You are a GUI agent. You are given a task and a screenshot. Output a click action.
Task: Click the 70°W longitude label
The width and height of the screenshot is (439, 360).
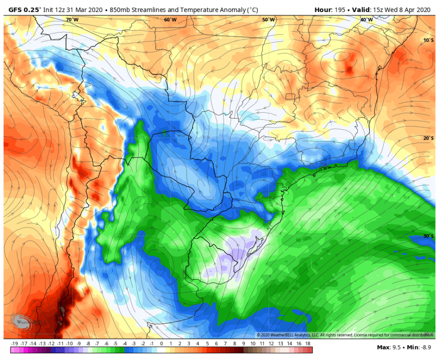pyautogui.click(x=72, y=20)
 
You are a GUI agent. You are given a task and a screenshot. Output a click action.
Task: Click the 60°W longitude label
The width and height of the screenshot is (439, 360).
pyautogui.click(x=170, y=20)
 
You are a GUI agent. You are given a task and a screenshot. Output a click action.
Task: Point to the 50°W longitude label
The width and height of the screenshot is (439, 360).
pyautogui.click(x=268, y=20)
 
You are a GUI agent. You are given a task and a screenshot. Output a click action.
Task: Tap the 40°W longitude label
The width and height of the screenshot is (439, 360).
pyautogui.click(x=366, y=20)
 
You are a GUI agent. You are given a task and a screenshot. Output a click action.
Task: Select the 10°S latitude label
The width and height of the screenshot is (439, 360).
pyautogui.click(x=428, y=40)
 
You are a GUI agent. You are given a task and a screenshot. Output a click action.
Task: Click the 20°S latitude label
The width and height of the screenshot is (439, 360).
pyautogui.click(x=428, y=138)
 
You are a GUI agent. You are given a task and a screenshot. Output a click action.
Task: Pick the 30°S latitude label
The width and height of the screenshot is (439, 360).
pyautogui.click(x=428, y=236)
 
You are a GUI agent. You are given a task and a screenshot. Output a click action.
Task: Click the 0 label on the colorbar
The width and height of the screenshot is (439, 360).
pyautogui.click(x=161, y=344)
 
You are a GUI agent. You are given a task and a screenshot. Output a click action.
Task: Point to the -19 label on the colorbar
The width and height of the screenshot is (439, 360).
pyautogui.click(x=14, y=344)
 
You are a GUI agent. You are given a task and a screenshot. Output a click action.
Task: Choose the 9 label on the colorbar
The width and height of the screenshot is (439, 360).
pyautogui.click(x=244, y=344)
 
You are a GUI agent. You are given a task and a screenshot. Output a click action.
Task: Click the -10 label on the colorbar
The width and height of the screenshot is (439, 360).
pyautogui.click(x=70, y=344)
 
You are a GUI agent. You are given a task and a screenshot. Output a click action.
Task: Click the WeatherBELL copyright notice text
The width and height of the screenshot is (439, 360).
pyautogui.click(x=341, y=335)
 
